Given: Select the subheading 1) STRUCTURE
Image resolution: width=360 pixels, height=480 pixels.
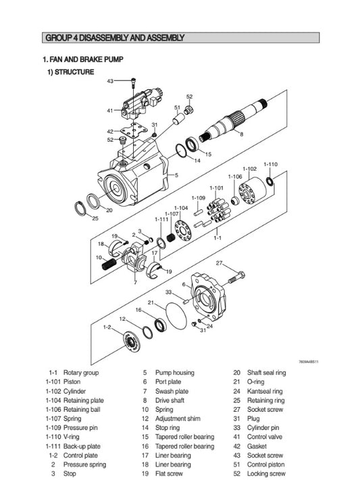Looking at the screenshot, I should tap(70, 72).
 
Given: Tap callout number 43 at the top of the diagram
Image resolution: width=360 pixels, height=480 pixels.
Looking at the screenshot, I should tap(110, 81).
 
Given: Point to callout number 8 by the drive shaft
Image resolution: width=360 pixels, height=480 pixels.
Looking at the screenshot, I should tap(241, 134).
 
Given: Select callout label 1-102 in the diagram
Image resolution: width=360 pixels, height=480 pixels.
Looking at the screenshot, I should tap(249, 169).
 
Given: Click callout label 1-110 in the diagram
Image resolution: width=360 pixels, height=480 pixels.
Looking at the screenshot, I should tap(270, 164).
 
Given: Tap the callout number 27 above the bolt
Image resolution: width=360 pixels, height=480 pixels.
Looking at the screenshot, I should tap(219, 263).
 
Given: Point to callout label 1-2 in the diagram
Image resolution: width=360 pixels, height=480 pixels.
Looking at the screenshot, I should tap(107, 327).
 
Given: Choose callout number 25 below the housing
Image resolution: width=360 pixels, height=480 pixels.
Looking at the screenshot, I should tap(95, 218).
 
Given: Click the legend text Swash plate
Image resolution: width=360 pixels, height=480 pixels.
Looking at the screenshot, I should tap(172, 391).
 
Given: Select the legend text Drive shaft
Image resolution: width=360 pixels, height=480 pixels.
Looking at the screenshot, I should tap(171, 400).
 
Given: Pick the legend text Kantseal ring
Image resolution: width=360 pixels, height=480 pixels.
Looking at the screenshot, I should tap(265, 391).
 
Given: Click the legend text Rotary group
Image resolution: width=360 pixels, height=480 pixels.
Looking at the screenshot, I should tap(81, 373).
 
